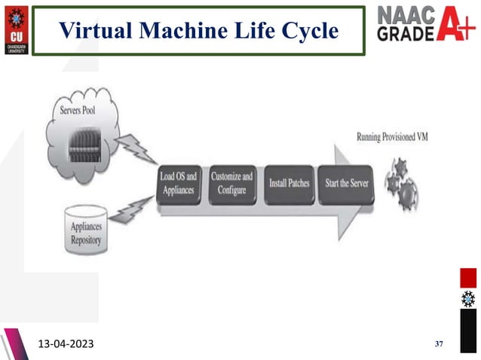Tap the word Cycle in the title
[x=307, y=31]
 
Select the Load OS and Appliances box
[x=179, y=184]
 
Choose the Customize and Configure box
[x=232, y=184]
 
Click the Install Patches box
[x=290, y=184]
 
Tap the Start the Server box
[x=342, y=184]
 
